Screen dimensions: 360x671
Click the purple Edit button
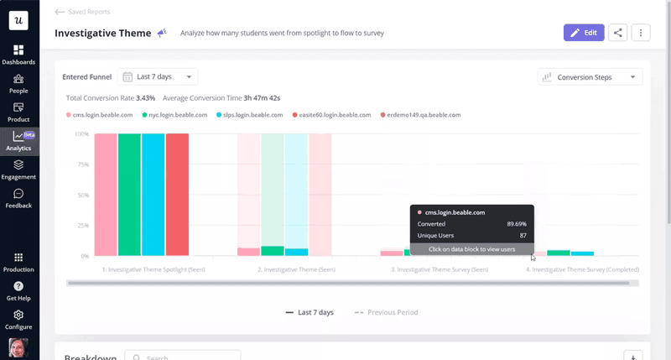click(x=584, y=33)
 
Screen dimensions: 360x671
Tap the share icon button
click(x=618, y=33)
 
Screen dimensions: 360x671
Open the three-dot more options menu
click(x=641, y=33)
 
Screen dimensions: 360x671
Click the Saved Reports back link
click(x=82, y=12)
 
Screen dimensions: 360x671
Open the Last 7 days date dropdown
click(x=158, y=77)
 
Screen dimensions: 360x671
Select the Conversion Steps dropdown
click(x=590, y=77)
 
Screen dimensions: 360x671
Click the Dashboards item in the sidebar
click(x=18, y=55)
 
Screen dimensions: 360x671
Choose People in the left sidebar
click(x=18, y=84)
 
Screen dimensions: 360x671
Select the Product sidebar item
click(x=18, y=112)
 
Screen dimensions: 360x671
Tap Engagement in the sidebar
click(x=18, y=170)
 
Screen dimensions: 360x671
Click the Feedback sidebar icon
click(x=18, y=198)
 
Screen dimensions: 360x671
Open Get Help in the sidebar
click(x=18, y=290)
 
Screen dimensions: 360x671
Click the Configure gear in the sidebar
click(x=18, y=320)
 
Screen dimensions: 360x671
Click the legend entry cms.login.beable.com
click(x=101, y=115)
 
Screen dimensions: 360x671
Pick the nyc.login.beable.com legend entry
click(x=177, y=115)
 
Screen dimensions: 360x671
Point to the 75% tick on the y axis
click(x=82, y=164)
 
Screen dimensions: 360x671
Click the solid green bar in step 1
click(x=129, y=194)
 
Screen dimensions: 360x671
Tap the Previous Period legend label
click(x=392, y=312)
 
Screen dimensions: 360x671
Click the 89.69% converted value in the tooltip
click(x=517, y=224)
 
